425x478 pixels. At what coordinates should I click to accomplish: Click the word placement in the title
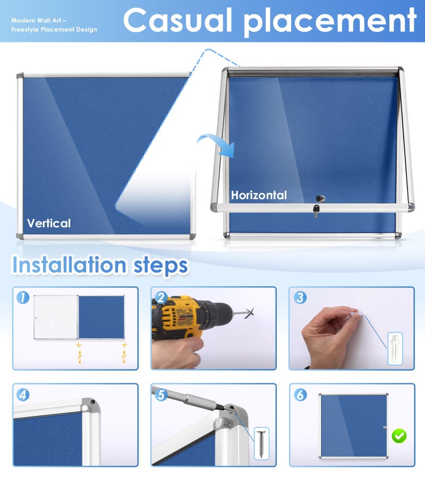point(330,22)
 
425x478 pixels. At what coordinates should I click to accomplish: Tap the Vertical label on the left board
point(49,223)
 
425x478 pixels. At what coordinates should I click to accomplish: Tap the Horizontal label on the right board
point(259,195)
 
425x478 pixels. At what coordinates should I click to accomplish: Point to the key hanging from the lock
point(316,211)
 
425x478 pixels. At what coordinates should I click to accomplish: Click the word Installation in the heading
point(69,264)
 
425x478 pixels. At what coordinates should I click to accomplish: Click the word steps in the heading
point(160,267)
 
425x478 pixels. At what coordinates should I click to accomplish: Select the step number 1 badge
point(23,297)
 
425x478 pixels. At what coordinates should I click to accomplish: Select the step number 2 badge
point(161,297)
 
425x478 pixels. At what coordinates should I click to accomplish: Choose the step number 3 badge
point(300,297)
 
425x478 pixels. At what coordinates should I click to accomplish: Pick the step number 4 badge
point(23,395)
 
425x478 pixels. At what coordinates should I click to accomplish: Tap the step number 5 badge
point(161,395)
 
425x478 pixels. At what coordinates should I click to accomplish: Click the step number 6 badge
point(300,395)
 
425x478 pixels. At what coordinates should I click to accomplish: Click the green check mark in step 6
point(399,436)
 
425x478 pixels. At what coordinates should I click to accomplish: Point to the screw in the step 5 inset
point(261,443)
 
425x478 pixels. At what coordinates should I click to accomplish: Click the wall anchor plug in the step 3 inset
point(395,348)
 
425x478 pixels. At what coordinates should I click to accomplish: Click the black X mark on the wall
point(249,313)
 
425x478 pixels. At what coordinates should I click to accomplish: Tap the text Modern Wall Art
point(36,20)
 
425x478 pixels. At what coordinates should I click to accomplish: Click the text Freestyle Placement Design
point(54,30)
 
